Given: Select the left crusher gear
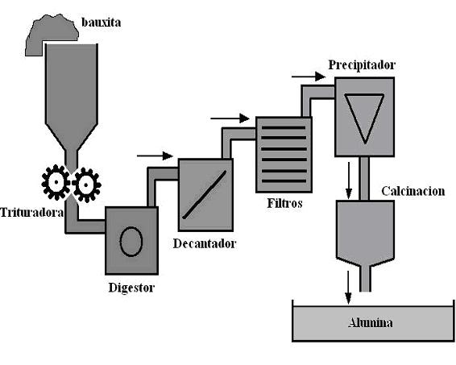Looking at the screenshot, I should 55,184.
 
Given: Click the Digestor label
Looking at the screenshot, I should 131,286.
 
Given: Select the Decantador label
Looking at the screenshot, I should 205,243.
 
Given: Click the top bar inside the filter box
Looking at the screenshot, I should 283,128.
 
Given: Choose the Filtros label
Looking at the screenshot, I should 284,204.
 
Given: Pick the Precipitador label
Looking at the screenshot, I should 362,64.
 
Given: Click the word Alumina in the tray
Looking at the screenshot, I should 370,322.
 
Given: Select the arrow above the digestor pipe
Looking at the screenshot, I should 155,156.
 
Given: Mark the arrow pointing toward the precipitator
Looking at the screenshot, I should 309,77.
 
